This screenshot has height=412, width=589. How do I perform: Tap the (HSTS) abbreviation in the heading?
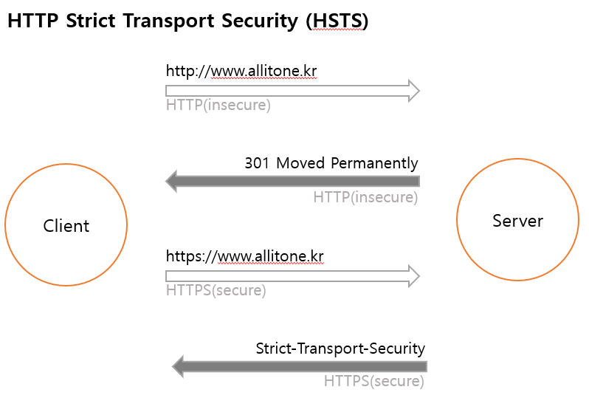click(337, 22)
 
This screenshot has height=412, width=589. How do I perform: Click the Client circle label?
click(66, 226)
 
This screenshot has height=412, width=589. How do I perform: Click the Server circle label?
click(517, 221)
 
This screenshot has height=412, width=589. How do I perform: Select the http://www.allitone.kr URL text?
click(241, 72)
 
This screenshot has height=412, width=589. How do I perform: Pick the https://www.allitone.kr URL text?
click(244, 257)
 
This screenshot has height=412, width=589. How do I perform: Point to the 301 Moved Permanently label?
click(331, 163)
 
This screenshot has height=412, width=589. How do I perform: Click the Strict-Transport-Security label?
click(340, 348)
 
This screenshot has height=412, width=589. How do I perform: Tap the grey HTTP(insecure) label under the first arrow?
click(218, 106)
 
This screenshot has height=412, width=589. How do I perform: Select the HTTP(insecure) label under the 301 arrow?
click(365, 198)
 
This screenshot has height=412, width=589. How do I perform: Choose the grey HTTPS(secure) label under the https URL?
click(216, 290)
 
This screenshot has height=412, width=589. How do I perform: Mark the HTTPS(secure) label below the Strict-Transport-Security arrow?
click(373, 382)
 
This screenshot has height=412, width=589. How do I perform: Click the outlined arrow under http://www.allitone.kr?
click(292, 91)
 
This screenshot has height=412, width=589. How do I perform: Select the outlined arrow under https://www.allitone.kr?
click(292, 276)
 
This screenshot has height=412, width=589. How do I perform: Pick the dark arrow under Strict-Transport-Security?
click(300, 365)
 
